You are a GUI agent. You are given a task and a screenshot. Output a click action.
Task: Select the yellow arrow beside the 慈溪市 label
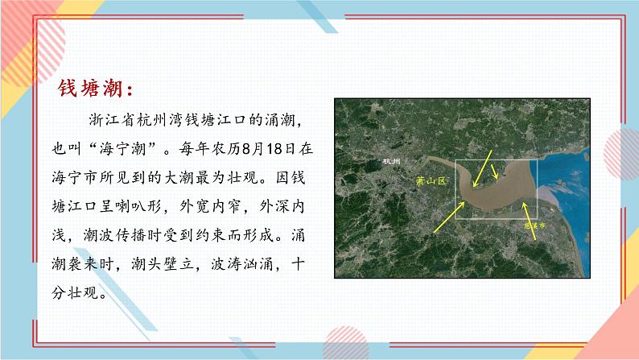[526, 213]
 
